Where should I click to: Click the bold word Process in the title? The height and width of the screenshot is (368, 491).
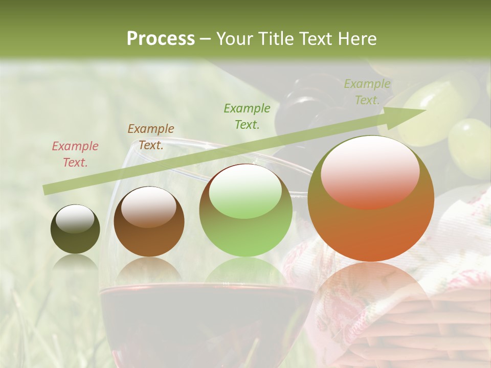click(161, 38)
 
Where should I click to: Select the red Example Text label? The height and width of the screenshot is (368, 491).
click(75, 154)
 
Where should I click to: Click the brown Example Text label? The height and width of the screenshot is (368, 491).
click(151, 136)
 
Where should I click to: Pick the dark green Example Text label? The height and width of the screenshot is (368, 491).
click(247, 116)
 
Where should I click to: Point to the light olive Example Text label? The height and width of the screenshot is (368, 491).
click(367, 92)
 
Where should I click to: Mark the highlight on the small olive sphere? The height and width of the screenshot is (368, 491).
click(75, 219)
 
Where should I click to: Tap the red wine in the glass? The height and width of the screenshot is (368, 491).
click(205, 322)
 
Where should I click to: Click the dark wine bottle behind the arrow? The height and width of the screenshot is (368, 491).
click(302, 102)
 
